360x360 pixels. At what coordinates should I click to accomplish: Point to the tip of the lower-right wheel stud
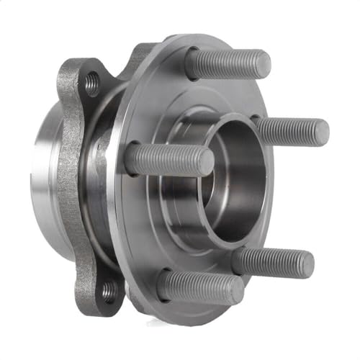(305, 264)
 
